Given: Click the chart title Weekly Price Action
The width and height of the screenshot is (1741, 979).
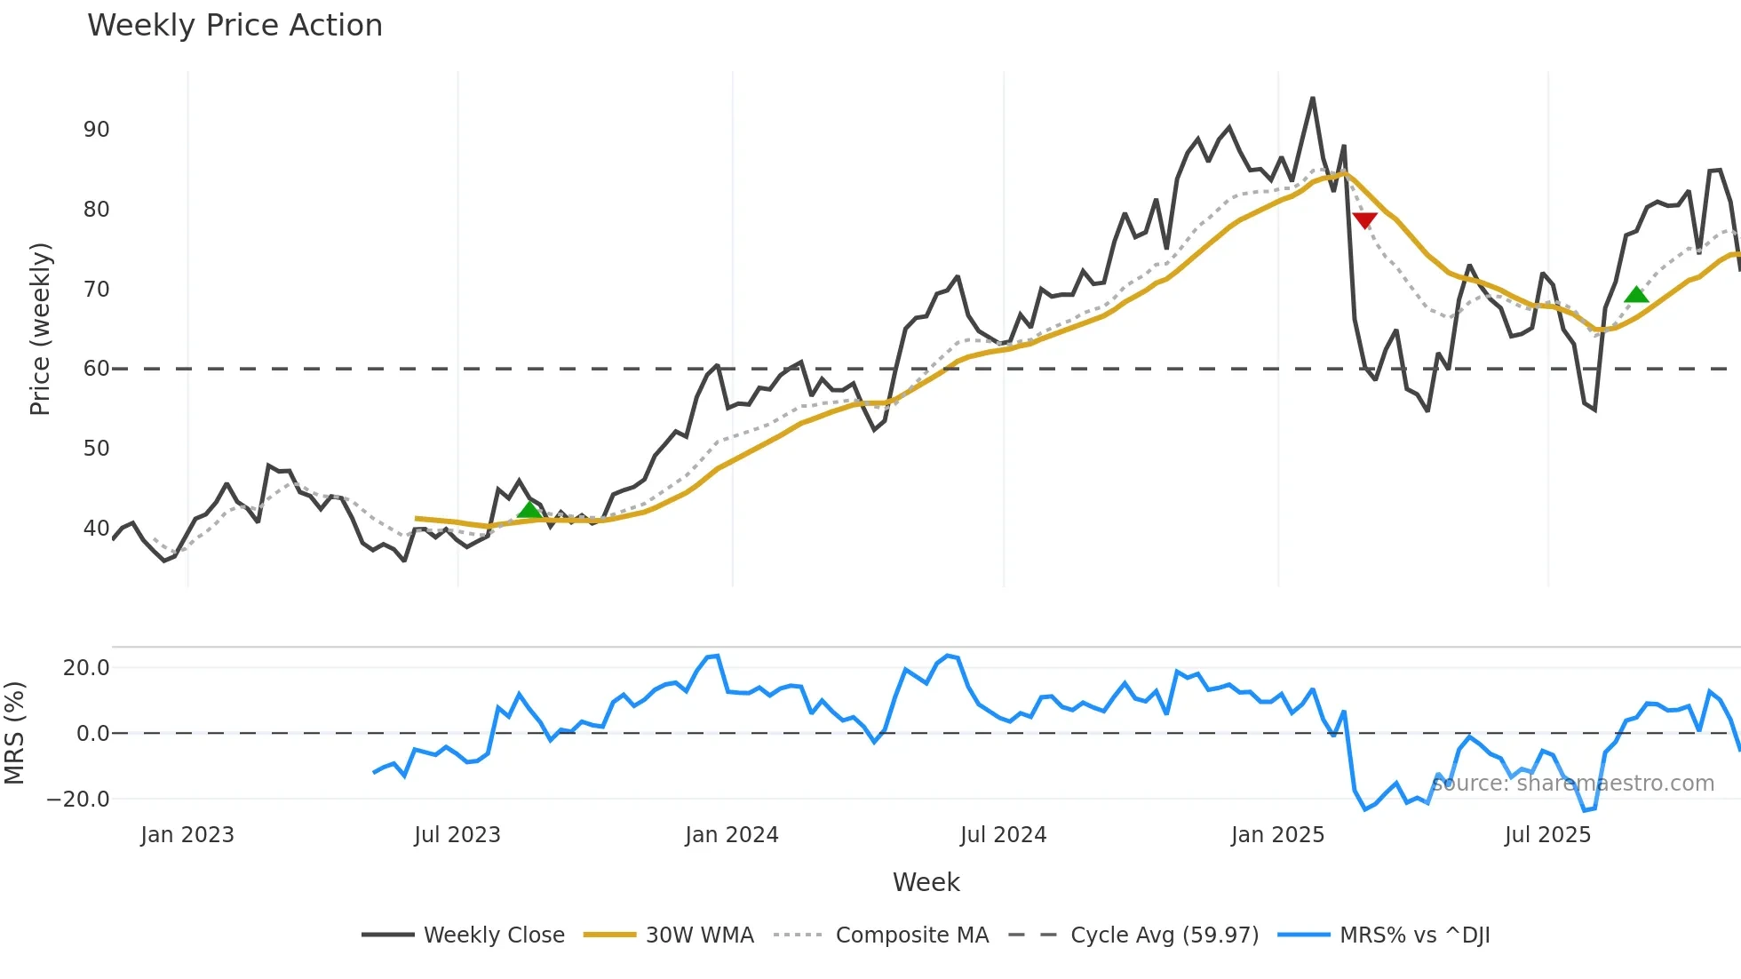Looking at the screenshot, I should point(235,26).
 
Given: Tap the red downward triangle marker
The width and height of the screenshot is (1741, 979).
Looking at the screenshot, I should point(1364,220).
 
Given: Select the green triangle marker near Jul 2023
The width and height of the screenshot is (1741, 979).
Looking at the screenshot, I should point(529,510).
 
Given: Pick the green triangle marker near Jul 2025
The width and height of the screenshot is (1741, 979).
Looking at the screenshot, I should point(1636,295).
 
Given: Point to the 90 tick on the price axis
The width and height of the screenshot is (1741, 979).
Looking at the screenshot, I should point(96,130).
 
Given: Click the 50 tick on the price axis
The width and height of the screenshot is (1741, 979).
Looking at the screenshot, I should point(96,449).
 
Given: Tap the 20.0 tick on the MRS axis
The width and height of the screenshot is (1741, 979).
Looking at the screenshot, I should point(85,668).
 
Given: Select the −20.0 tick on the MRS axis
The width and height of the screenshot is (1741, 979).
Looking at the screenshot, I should point(78,800).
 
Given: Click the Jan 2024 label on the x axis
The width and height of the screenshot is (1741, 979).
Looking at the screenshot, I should point(732,835).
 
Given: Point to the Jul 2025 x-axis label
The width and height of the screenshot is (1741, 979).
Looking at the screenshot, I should point(1547,835).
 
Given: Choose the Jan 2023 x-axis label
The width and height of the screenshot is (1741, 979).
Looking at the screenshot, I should point(187,835).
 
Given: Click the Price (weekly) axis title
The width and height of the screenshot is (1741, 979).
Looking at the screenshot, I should point(40,329).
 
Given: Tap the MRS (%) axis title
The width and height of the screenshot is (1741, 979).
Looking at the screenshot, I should point(14,733).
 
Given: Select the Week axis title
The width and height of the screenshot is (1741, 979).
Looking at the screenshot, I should point(926,882).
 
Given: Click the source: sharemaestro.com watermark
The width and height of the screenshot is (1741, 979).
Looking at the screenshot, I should point(1573,784).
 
